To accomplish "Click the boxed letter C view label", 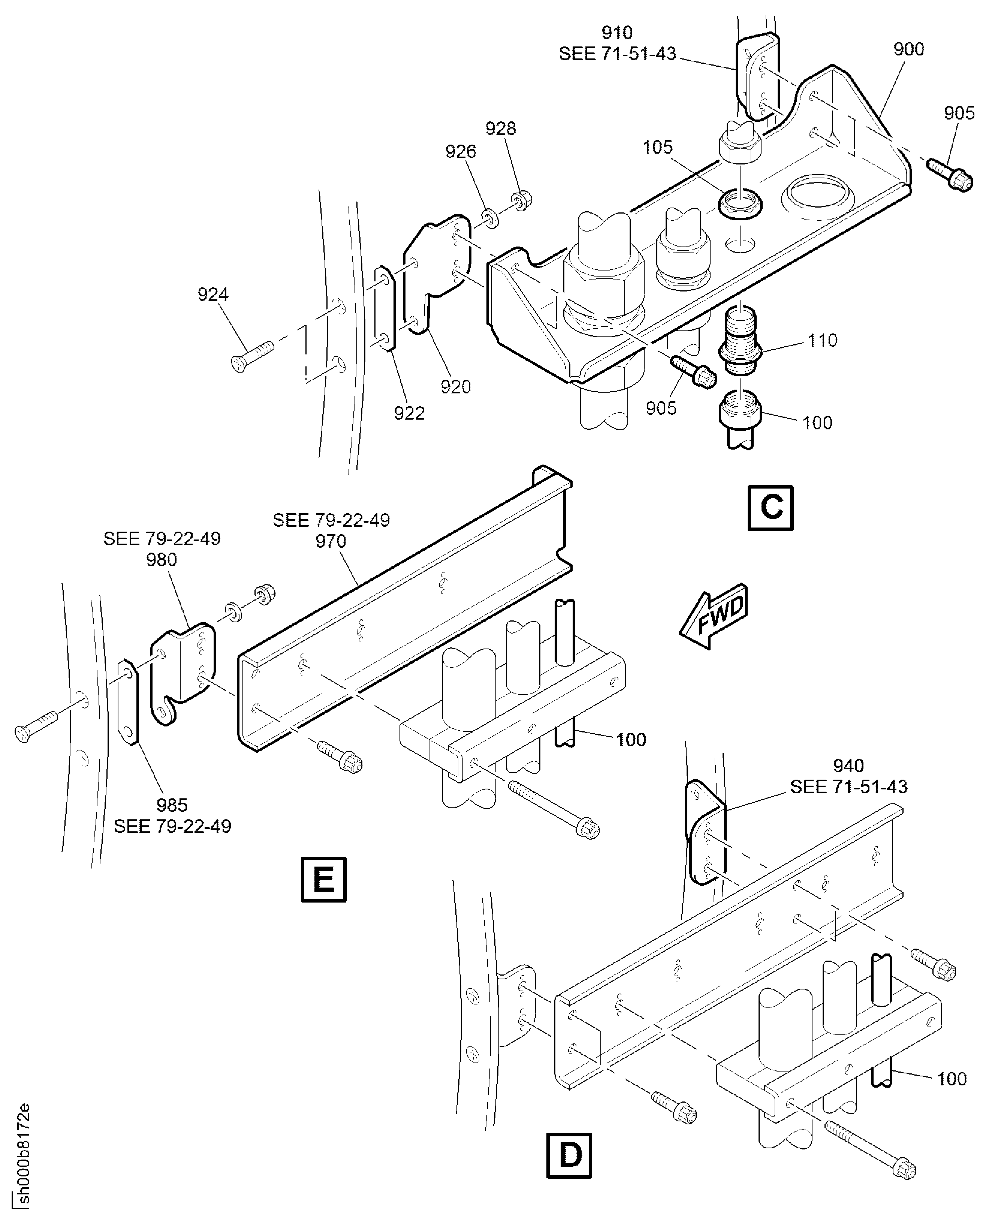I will (x=770, y=507).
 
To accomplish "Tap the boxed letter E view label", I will (x=323, y=879).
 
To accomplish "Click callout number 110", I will (x=822, y=341).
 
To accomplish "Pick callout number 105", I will (x=658, y=147).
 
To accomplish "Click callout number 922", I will (x=409, y=413).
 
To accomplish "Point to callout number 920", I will (x=455, y=387).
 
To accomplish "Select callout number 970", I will (x=331, y=541).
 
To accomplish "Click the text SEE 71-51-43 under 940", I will (x=848, y=787).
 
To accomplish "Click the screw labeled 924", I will (x=251, y=356).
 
